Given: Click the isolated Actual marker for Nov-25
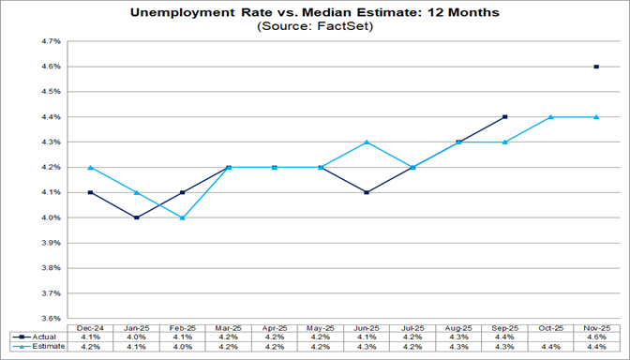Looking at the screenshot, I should pos(596,67).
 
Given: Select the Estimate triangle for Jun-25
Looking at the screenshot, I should pos(367,142).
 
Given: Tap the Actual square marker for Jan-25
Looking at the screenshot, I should pos(137,217).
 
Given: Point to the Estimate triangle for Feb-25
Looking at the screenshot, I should pos(183,217).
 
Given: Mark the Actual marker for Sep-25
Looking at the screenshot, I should pos(504,117).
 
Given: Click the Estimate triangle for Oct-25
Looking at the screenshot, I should pos(550,117).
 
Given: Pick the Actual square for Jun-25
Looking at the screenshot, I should pos(367,192).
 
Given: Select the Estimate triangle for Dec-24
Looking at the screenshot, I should pos(90,168).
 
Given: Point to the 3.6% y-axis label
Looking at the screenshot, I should pos(51,318).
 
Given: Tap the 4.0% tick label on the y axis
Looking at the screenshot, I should pos(51,217).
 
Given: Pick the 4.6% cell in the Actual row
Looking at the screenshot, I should pos(596,336).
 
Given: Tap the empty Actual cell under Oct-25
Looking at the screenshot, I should pos(550,336).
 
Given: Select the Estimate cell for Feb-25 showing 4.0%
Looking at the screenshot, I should pos(183,346).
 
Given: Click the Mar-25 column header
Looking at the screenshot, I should pos(229,325).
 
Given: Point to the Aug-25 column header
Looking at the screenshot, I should pos(458,325).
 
